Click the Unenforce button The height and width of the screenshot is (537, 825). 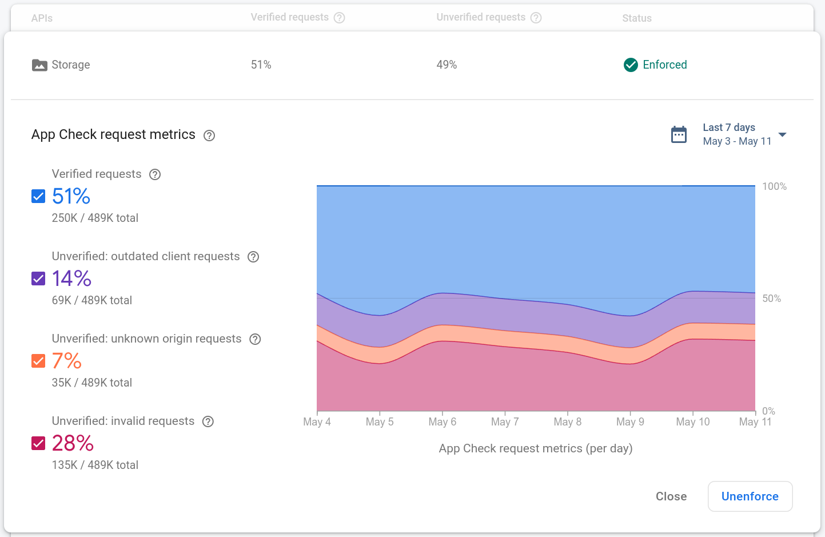click(x=750, y=496)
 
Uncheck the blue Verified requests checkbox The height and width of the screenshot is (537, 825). click(x=38, y=197)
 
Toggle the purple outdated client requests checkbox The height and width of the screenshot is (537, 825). click(x=38, y=279)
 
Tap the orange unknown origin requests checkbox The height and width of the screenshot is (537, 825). click(x=38, y=361)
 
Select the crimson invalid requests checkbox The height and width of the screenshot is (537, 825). click(x=38, y=444)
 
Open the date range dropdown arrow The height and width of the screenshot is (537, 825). click(x=783, y=135)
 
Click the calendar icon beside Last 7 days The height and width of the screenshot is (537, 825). click(x=679, y=134)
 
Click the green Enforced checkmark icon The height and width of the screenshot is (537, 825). click(x=631, y=65)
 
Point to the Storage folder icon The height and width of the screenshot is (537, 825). click(x=39, y=65)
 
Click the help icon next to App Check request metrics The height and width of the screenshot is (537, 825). click(x=209, y=136)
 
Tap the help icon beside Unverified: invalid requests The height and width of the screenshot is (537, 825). click(x=208, y=421)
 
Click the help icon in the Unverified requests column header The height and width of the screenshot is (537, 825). click(x=536, y=18)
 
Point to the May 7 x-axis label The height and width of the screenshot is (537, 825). click(x=505, y=422)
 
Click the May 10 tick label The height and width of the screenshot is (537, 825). click(x=692, y=422)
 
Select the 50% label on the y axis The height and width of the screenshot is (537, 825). click(x=771, y=299)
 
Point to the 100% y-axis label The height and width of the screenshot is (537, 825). click(x=774, y=186)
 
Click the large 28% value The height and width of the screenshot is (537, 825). click(x=73, y=443)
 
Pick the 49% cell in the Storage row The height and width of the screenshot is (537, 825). click(x=447, y=65)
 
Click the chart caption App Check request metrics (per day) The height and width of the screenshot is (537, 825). click(x=535, y=448)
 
